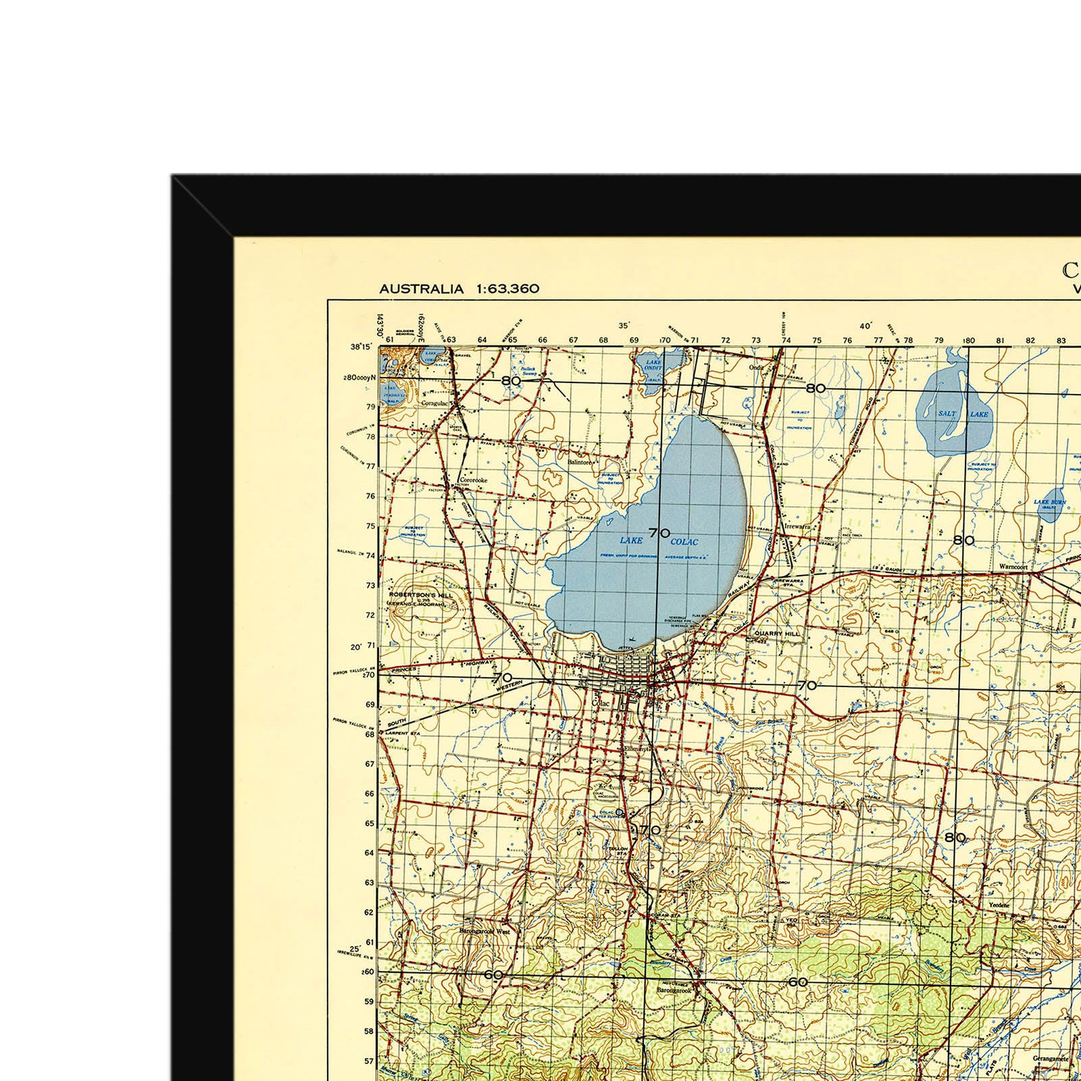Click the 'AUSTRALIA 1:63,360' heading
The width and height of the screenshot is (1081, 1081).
point(459,289)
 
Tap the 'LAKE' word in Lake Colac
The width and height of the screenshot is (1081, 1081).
point(631,540)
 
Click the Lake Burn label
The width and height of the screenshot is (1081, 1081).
point(1049,503)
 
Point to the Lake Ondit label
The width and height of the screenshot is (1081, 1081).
point(653,365)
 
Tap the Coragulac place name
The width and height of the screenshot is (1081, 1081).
point(434,403)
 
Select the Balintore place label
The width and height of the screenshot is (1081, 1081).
point(580,463)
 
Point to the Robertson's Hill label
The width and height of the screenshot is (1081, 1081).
point(420,595)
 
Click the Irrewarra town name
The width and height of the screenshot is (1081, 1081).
point(797,526)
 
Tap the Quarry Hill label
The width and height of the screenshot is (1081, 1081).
point(776,634)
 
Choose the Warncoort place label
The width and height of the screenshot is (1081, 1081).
point(1013,567)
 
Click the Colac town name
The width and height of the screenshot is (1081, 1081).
point(600,703)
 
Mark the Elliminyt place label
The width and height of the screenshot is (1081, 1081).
point(636,749)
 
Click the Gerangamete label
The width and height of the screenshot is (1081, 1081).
point(1051,1059)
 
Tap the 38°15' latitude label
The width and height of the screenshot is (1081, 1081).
point(361,347)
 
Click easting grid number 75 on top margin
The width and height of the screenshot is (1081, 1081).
point(817,341)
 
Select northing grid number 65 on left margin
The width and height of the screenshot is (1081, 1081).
point(370,824)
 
